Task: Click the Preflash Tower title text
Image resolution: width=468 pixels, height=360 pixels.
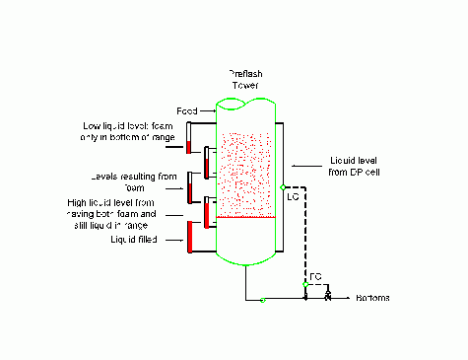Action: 244,78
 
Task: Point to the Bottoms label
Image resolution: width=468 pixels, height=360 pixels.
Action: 373,298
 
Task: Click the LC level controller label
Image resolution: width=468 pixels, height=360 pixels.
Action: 292,197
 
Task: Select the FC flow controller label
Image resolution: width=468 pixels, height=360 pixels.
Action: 315,275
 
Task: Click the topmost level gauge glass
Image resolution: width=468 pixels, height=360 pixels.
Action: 188,137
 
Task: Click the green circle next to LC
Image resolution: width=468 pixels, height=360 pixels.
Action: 282,186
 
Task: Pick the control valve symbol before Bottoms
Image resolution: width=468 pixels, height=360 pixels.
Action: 327,297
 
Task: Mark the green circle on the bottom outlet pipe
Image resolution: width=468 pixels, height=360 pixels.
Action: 263,300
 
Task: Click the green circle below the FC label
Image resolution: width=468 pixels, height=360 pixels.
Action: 305,284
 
